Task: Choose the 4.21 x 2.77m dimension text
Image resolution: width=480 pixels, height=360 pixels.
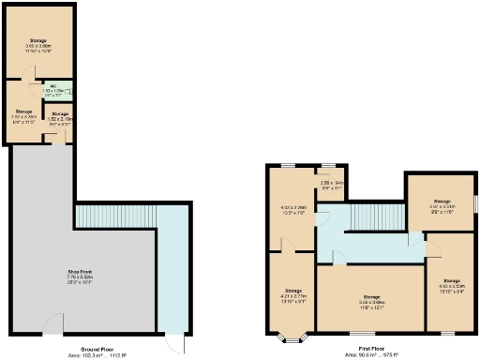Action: [293, 301]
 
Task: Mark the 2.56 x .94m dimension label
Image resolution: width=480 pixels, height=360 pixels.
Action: [334, 183]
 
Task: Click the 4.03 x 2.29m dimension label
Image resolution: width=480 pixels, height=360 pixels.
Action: [293, 208]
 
